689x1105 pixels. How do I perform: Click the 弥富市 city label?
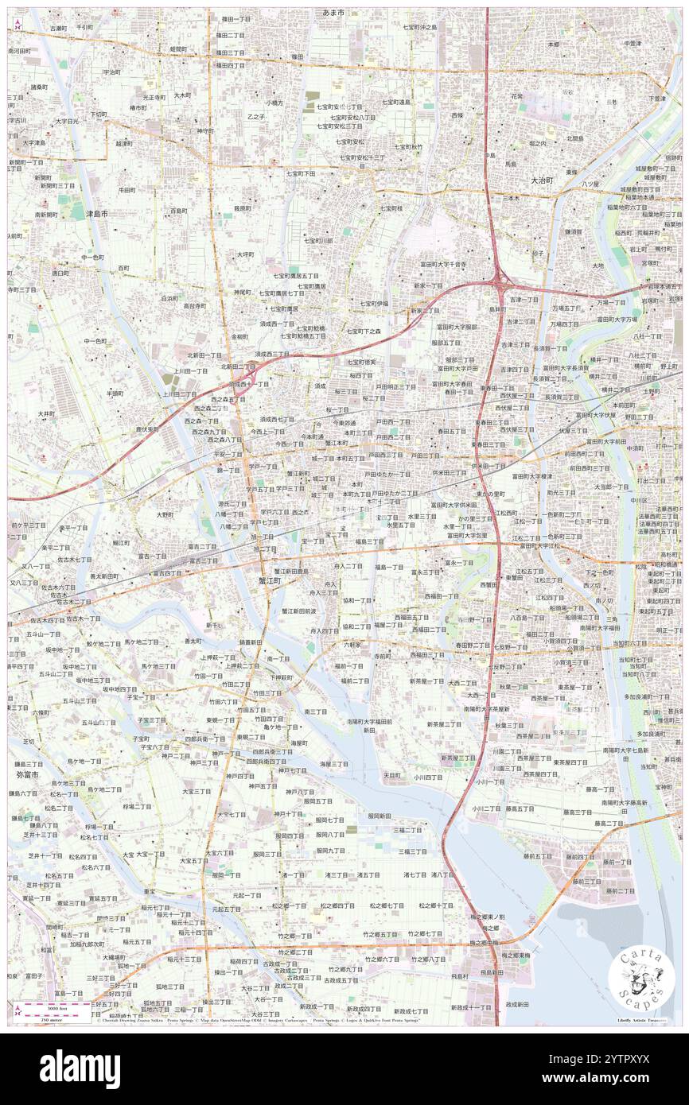[x=28, y=773]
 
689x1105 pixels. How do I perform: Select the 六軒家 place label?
[x=354, y=645]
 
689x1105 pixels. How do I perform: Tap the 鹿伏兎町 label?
[x=147, y=428]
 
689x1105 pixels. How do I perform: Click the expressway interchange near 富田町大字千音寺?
[x=500, y=277]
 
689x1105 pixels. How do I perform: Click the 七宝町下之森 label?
[x=364, y=330]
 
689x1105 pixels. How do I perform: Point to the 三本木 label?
[x=511, y=197]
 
